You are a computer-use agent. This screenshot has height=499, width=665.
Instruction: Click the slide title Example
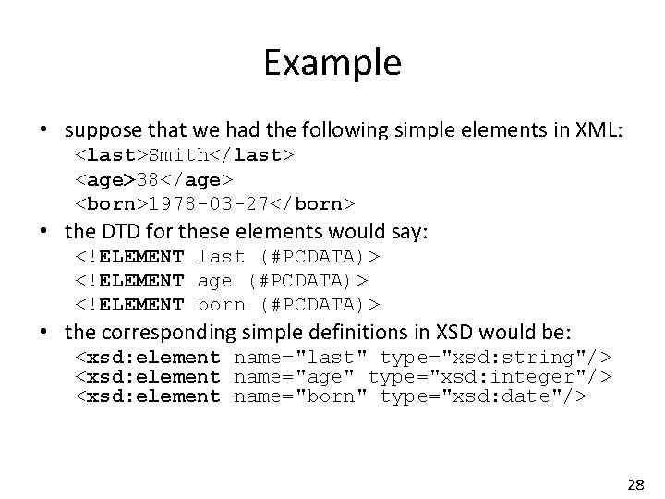click(x=332, y=63)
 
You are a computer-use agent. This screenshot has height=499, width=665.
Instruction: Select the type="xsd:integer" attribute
click(x=490, y=377)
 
